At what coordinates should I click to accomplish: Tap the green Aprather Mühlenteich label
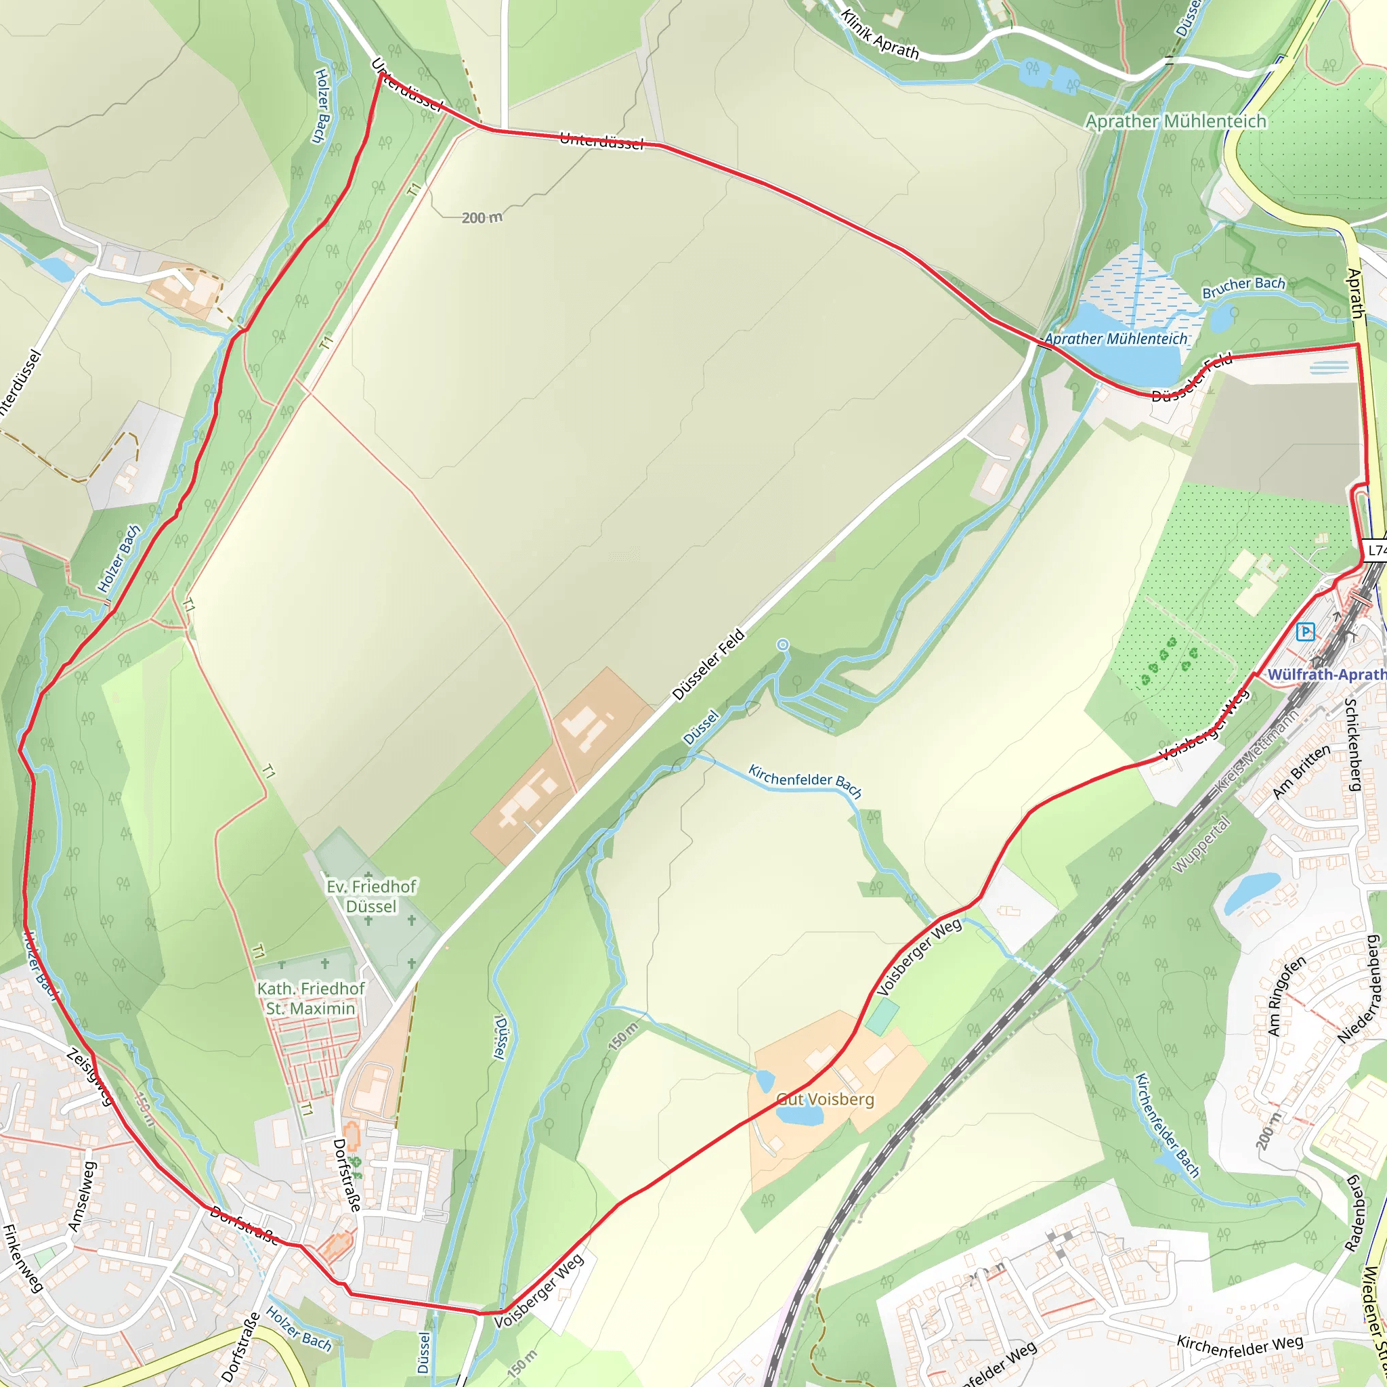click(1175, 121)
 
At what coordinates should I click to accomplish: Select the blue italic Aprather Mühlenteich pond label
click(1115, 339)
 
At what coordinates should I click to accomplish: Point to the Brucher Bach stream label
click(1243, 286)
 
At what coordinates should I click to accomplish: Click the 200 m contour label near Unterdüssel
click(482, 217)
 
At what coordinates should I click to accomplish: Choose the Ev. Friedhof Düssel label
click(371, 897)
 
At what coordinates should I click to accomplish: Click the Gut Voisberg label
click(826, 1099)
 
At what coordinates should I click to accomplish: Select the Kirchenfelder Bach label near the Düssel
click(805, 780)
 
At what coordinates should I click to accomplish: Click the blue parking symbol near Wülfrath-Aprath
click(1306, 632)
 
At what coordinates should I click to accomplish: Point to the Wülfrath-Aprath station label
click(1326, 675)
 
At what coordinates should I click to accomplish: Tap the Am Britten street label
click(1301, 772)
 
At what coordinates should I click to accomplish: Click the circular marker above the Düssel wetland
click(782, 645)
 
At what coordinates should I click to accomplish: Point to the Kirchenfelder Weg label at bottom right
click(1240, 1346)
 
